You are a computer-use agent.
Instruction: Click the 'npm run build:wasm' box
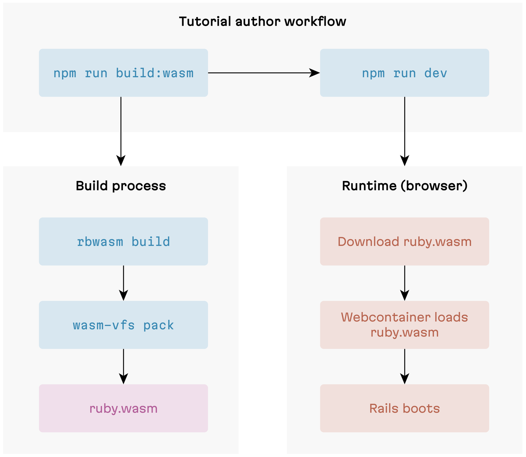tap(123, 73)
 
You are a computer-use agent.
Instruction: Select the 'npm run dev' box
tap(404, 73)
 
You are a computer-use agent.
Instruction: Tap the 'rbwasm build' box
tap(123, 242)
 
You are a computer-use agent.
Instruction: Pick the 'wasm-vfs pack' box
tap(123, 325)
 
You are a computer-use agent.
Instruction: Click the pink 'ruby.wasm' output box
tap(123, 409)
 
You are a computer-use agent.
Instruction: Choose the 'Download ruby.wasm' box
tap(404, 242)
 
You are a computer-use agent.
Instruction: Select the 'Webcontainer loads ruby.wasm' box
tap(404, 325)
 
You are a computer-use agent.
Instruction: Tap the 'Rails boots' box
tap(404, 409)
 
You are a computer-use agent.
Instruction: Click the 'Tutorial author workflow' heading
tap(262, 22)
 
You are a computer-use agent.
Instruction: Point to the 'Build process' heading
tap(121, 186)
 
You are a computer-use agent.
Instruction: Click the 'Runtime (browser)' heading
tap(405, 186)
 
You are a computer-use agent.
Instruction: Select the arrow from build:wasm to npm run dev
tap(263, 73)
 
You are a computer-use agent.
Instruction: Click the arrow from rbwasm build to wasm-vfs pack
tap(123, 283)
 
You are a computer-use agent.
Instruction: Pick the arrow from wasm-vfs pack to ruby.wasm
tap(123, 366)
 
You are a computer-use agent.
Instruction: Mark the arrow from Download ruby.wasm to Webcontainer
tap(405, 283)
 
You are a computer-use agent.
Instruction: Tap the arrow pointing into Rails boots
tap(405, 366)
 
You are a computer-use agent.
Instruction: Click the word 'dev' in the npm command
tap(435, 73)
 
